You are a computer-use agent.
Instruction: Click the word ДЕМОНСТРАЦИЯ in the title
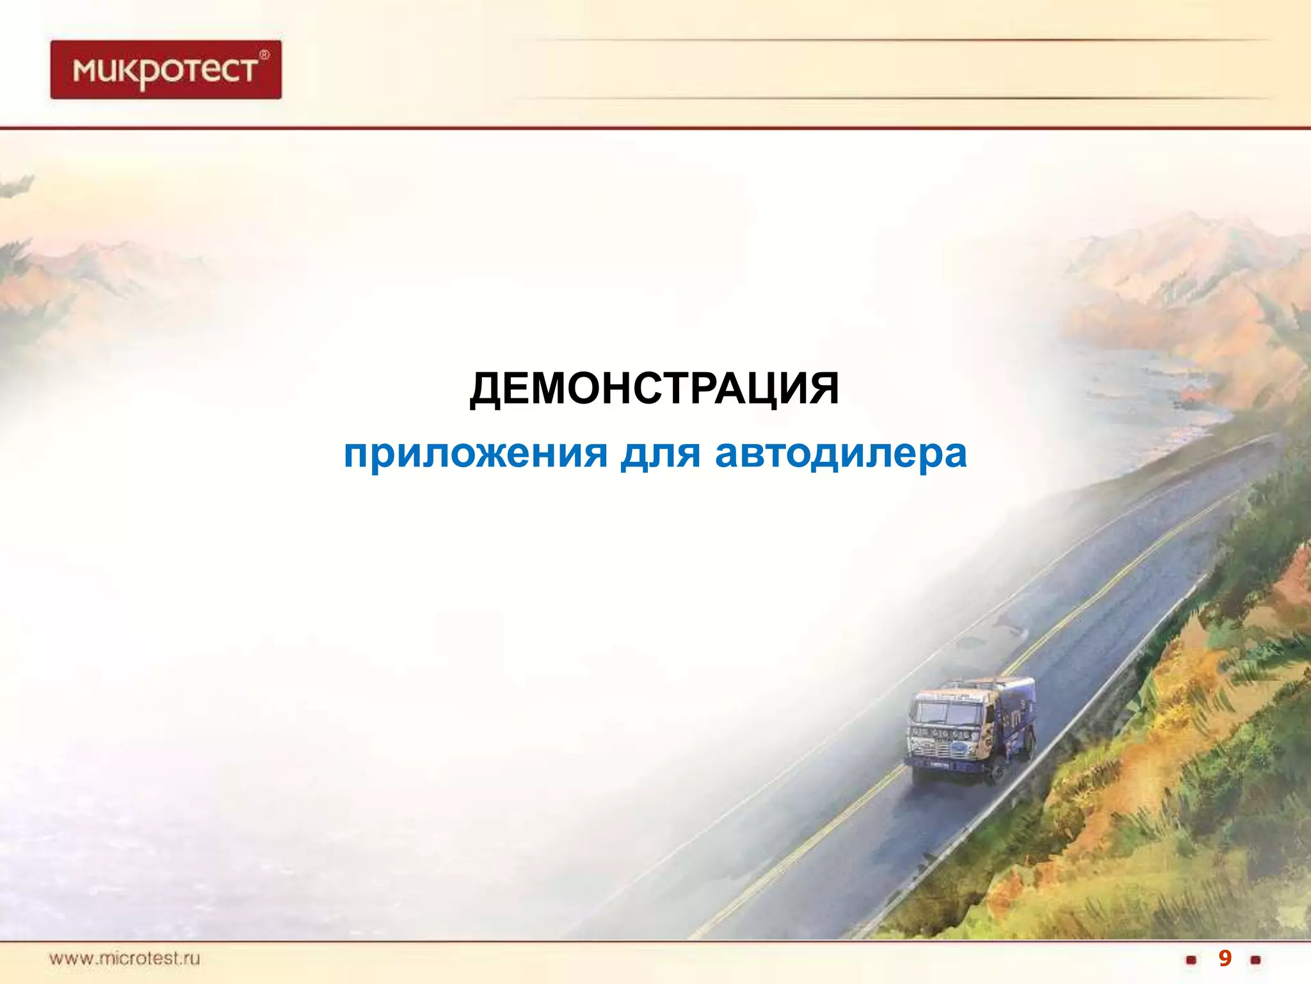[x=654, y=389]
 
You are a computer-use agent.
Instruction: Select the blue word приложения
[x=475, y=454]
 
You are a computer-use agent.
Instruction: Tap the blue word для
[x=660, y=454]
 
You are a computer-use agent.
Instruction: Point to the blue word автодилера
[x=840, y=454]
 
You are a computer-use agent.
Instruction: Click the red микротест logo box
[x=166, y=70]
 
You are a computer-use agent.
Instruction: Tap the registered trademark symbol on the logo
[x=264, y=55]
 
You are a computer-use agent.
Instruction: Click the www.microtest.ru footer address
[x=125, y=959]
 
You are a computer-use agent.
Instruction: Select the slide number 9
[x=1224, y=959]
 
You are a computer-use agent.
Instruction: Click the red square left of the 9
[x=1191, y=960]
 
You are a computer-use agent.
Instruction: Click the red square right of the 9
[x=1255, y=960]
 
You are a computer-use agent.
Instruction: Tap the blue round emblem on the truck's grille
[x=960, y=748]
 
